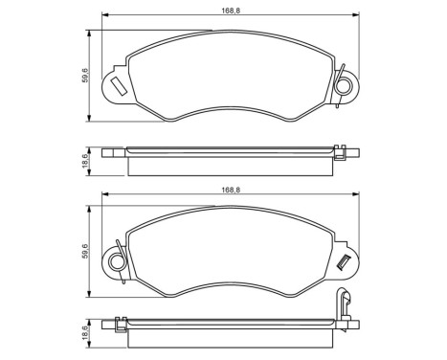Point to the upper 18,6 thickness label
click(x=85, y=160)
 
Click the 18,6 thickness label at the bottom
click(x=85, y=338)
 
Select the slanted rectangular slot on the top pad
click(x=119, y=86)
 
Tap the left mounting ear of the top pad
click(x=115, y=84)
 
